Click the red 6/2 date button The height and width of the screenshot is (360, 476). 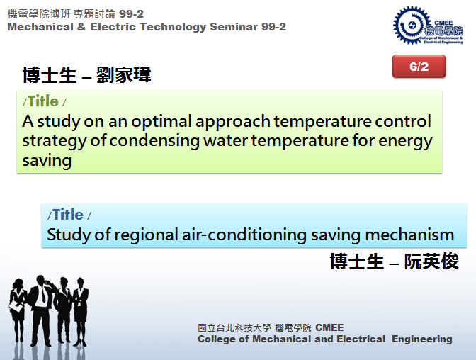(419, 66)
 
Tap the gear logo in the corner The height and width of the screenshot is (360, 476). (412, 26)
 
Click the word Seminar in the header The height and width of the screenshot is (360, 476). (234, 27)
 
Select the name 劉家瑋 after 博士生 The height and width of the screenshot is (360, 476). (124, 74)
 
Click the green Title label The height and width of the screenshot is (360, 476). (43, 101)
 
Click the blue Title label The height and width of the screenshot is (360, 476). (68, 215)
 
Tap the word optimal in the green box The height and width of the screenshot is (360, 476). (161, 122)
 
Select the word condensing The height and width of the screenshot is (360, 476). (154, 142)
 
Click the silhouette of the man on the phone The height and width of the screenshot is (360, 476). (40, 310)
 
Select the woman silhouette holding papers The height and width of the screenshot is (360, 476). (18, 310)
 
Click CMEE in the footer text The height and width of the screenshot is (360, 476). (329, 327)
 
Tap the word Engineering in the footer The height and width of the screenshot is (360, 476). (422, 339)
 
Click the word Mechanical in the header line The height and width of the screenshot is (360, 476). (40, 27)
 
